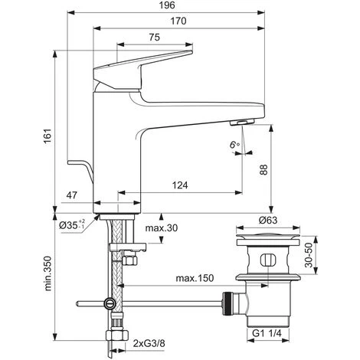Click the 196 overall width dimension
[167, 5]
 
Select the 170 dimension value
[178, 21]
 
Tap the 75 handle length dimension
[155, 38]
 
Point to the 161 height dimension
[48, 136]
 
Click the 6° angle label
[234, 145]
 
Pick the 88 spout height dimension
[263, 169]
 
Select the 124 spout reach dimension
[180, 185]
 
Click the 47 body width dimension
[71, 195]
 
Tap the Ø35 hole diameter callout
[72, 224]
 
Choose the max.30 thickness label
[162, 227]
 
